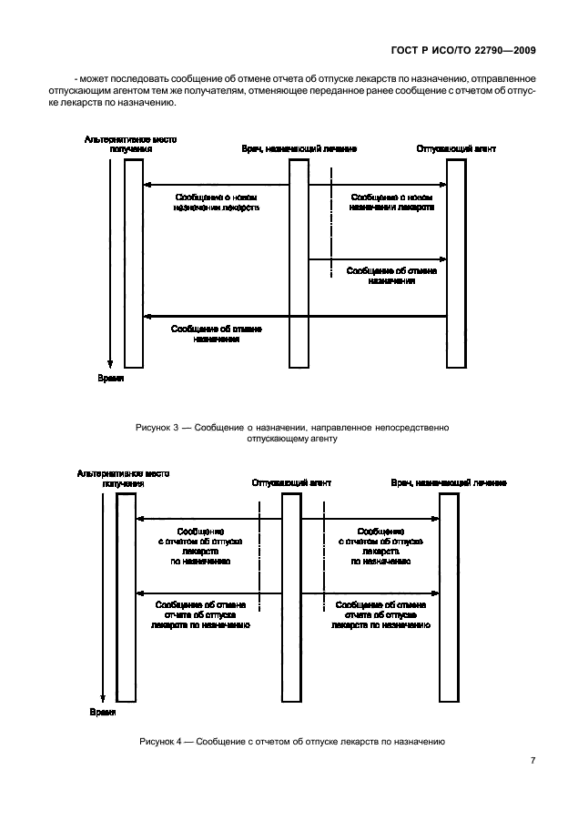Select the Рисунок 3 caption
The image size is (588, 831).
pyautogui.click(x=291, y=432)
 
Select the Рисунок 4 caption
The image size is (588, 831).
pyautogui.click(x=291, y=742)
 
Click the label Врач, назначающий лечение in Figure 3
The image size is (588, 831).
pyautogui.click(x=299, y=147)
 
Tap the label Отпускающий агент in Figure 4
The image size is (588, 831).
pyautogui.click(x=291, y=482)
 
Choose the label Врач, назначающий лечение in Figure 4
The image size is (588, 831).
pyautogui.click(x=449, y=482)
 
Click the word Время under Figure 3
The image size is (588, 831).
pyautogui.click(x=109, y=377)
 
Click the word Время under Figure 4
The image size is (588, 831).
pyautogui.click(x=103, y=711)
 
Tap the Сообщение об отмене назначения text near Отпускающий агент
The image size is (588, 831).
pyautogui.click(x=392, y=276)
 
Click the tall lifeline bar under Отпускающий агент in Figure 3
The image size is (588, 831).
pyautogui.click(x=456, y=264)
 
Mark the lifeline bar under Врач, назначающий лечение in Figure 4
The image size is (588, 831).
pyautogui.click(x=448, y=596)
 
